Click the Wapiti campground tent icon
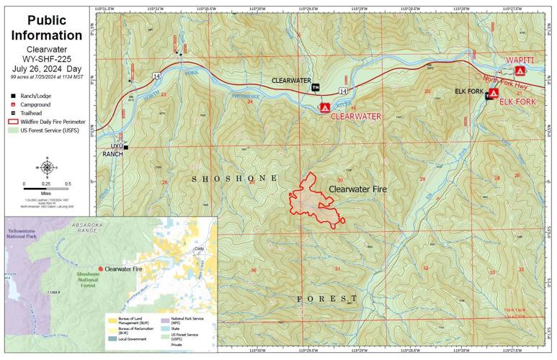[x=520, y=71]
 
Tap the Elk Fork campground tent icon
[x=494, y=93]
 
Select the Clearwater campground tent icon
[x=324, y=108]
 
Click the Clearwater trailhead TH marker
[x=315, y=87]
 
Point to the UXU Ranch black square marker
[x=125, y=148]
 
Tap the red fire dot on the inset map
[x=100, y=269]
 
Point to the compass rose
[x=47, y=168]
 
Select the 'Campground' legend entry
[x=35, y=104]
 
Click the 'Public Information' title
[x=47, y=27]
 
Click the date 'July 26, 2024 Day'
[x=47, y=68]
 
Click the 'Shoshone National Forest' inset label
[x=94, y=282]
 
